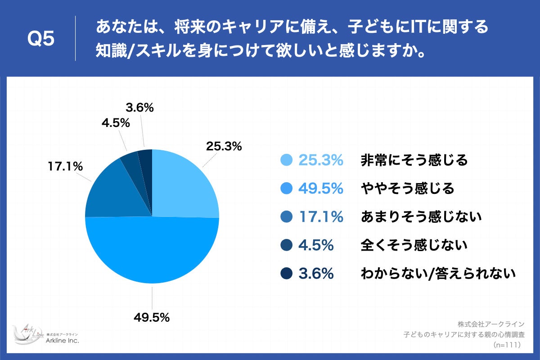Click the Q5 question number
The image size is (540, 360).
[x=41, y=39]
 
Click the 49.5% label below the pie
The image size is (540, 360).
[x=151, y=317]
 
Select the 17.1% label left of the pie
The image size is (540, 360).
[x=65, y=166]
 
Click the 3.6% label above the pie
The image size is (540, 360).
[x=140, y=108]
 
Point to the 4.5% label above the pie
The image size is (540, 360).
[x=116, y=123]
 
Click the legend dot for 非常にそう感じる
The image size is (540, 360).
[x=286, y=160]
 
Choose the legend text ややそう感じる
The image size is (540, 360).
[x=408, y=189]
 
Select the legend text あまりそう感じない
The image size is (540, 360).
[x=421, y=217]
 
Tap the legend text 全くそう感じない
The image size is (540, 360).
[x=414, y=245]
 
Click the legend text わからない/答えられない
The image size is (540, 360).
[x=438, y=274]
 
